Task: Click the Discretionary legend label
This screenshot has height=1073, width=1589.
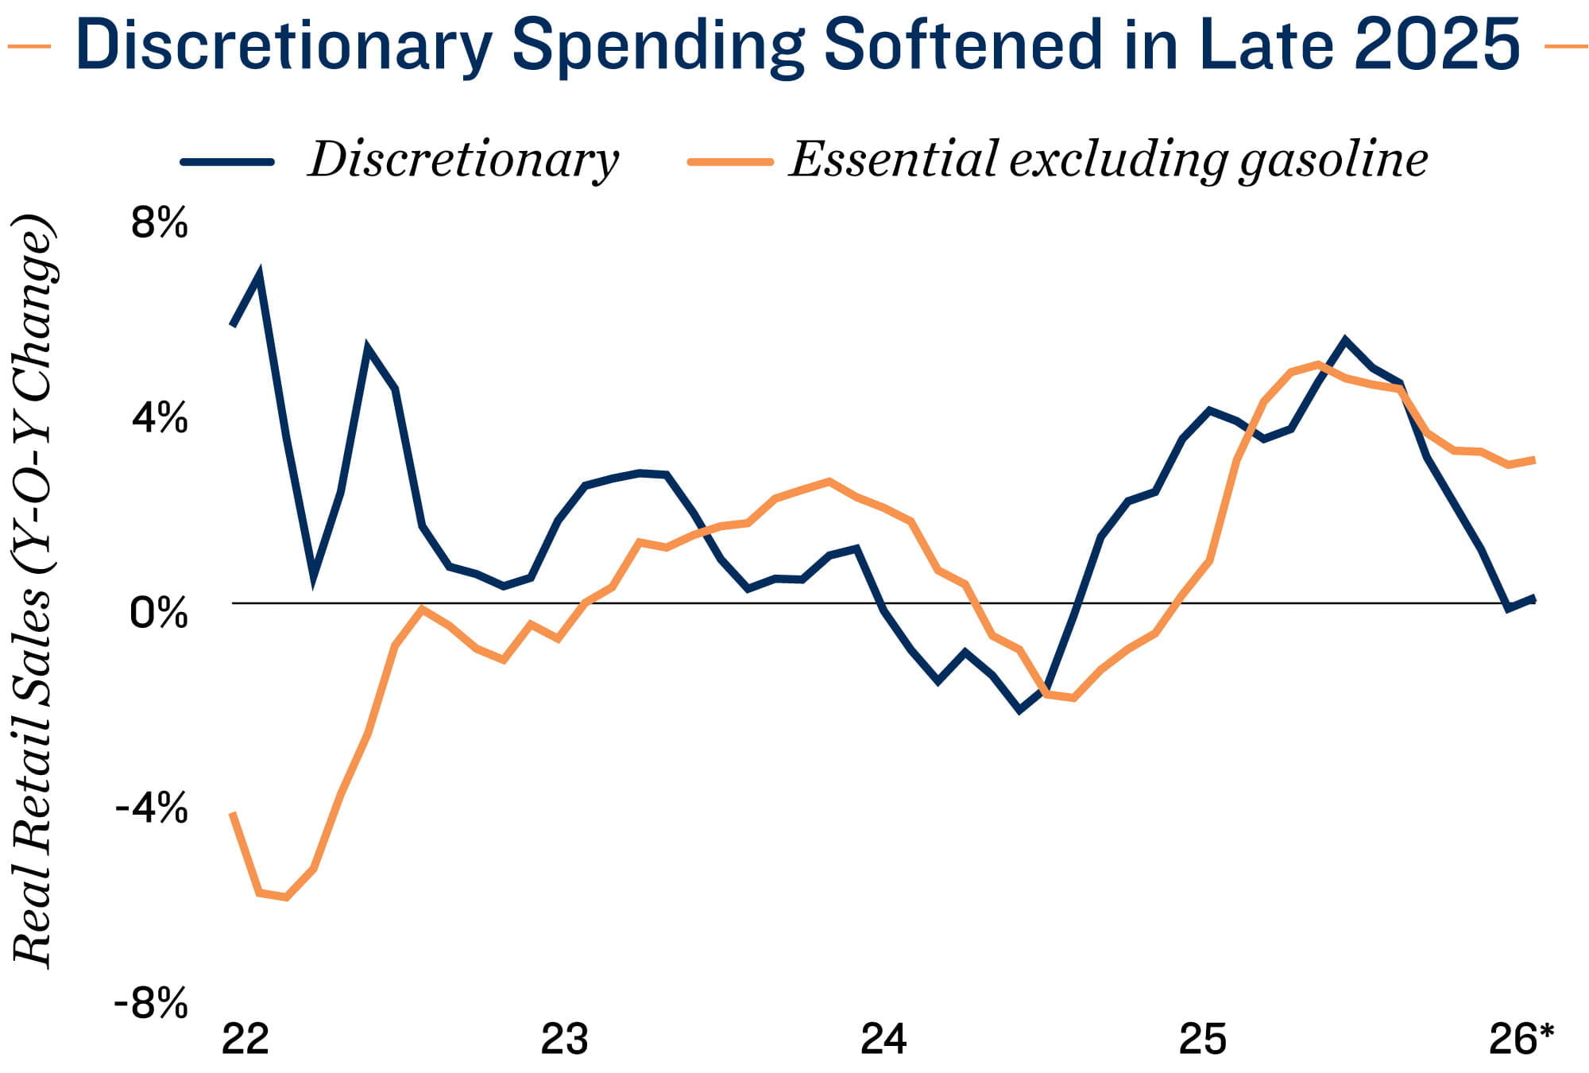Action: (463, 160)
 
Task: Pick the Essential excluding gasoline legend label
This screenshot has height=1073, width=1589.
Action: (1108, 160)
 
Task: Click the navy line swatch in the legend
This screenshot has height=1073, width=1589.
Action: (228, 161)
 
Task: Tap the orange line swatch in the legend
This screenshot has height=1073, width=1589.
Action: (730, 161)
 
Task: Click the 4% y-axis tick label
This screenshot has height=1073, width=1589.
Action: (160, 418)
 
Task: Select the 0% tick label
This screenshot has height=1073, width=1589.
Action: (160, 614)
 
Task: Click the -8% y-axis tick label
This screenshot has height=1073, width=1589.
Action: (151, 1004)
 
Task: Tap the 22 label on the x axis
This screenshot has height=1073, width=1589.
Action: (246, 1039)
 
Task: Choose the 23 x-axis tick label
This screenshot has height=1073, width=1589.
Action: (564, 1039)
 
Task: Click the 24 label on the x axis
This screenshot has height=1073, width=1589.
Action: (883, 1039)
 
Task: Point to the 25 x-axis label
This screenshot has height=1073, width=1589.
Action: (1203, 1039)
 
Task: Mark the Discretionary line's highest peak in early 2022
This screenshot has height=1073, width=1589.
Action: (259, 275)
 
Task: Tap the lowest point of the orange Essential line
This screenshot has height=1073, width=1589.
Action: (285, 897)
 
